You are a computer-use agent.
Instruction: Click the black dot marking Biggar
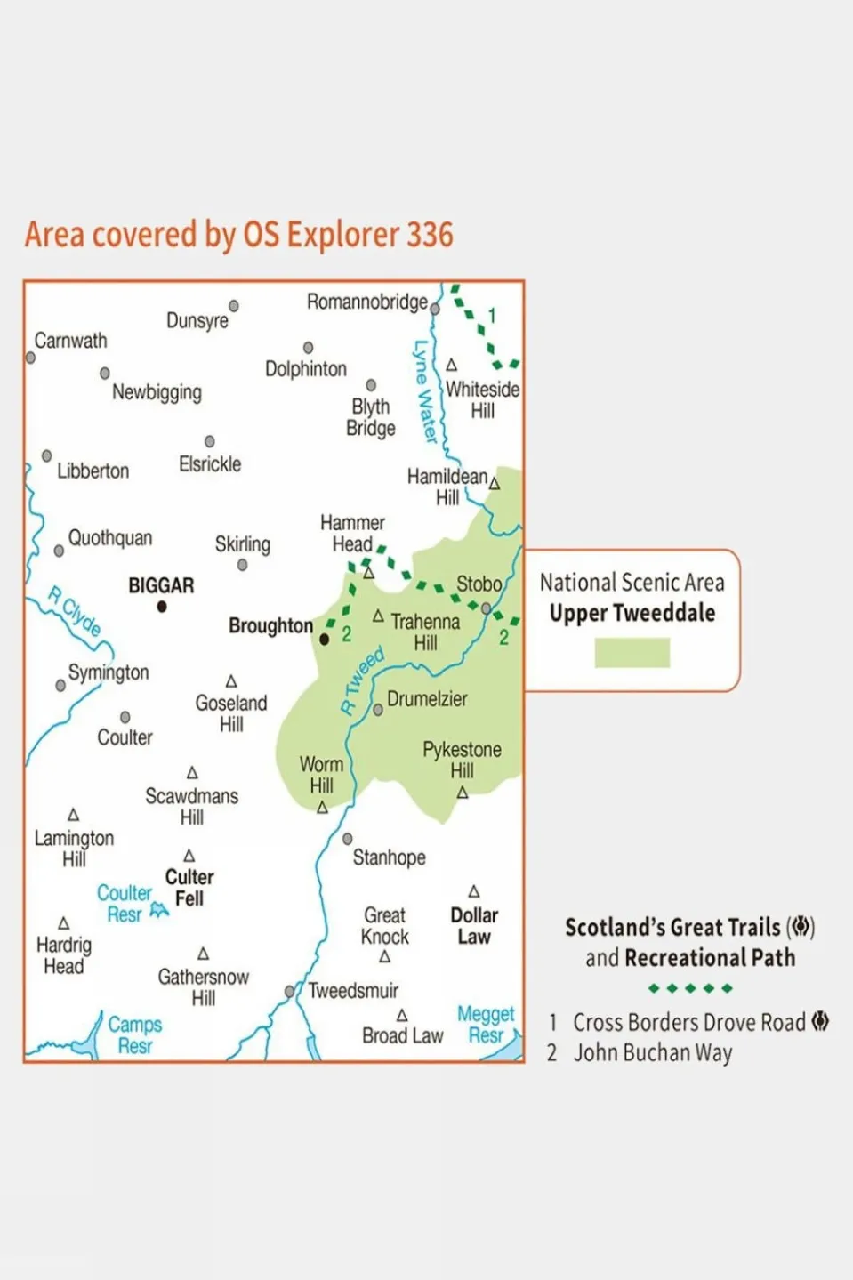tap(162, 607)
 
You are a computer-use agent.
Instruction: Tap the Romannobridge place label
tap(366, 302)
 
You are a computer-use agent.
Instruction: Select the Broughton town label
tap(270, 626)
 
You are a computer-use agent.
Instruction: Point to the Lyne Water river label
tap(424, 391)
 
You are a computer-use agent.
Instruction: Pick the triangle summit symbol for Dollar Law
tap(474, 891)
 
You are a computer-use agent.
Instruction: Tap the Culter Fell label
tap(189, 888)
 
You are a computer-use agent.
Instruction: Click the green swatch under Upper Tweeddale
tap(632, 653)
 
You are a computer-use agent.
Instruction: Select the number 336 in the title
tap(430, 235)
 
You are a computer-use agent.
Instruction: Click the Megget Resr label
tap(486, 1025)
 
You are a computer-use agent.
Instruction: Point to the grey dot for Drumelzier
tap(378, 710)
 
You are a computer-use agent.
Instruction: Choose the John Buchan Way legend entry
tap(652, 1053)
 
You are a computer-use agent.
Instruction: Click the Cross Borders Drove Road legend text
tap(688, 1023)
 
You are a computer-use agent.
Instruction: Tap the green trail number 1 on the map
tap(492, 316)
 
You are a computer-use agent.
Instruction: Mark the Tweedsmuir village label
tap(353, 991)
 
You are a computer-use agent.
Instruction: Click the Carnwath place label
tap(70, 341)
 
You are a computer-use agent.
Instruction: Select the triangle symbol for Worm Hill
tap(322, 808)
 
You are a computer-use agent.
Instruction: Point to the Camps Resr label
tap(135, 1035)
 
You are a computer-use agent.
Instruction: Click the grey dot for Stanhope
tap(348, 839)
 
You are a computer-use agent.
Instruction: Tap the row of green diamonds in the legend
tap(690, 988)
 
